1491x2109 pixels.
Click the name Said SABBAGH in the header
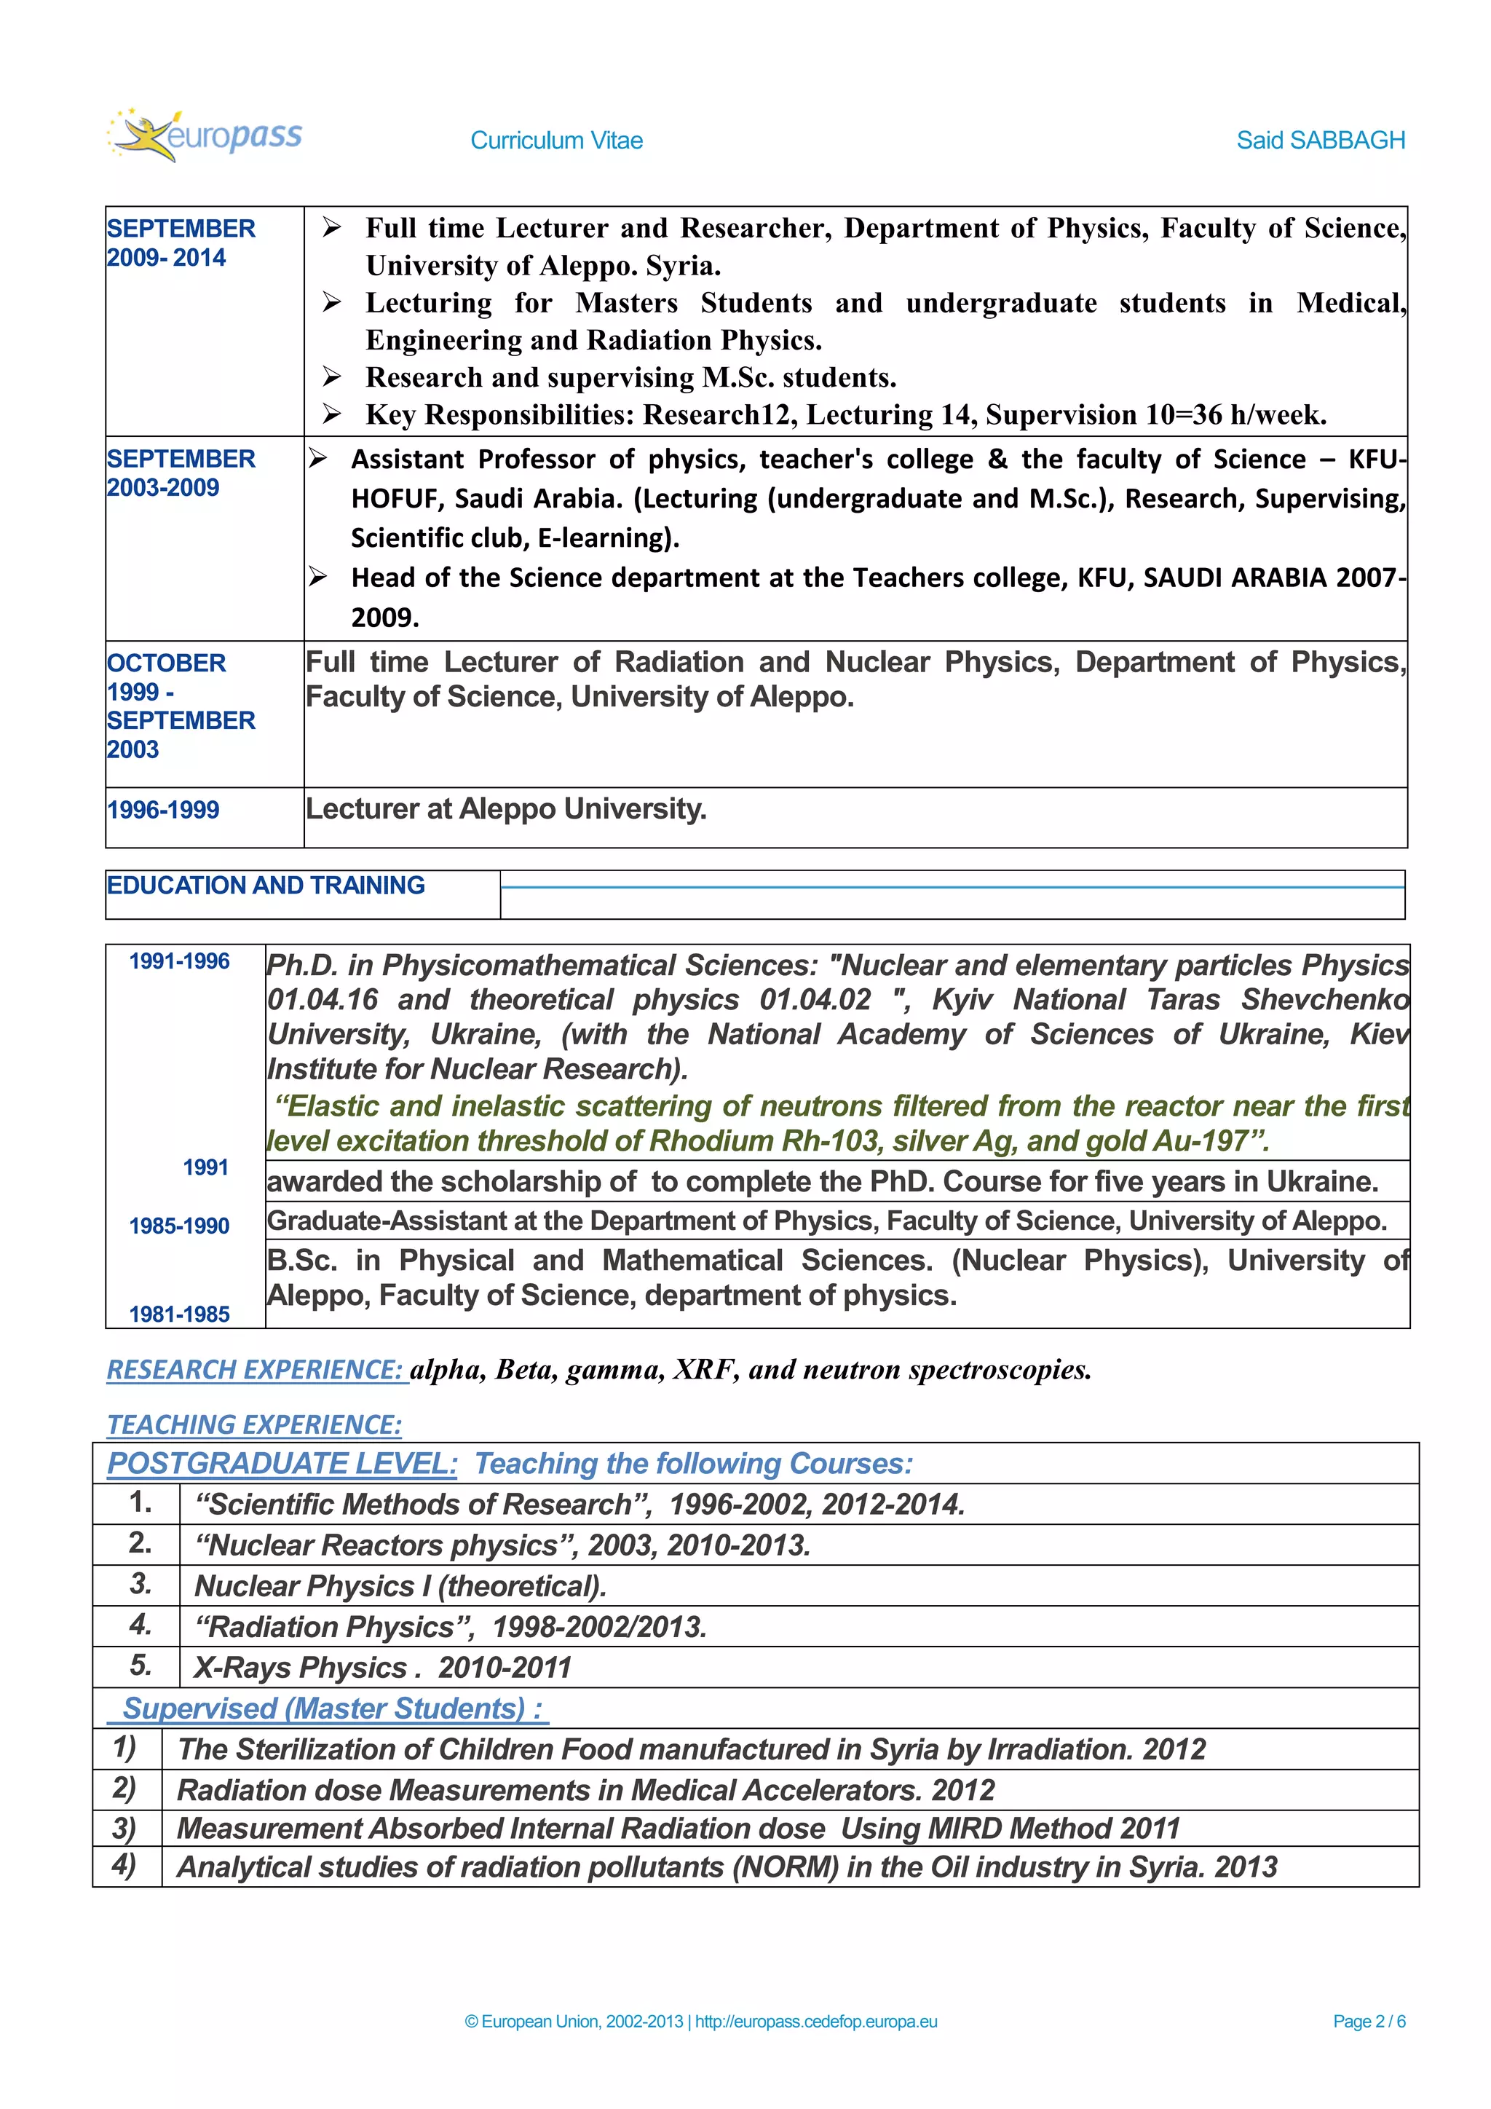click(x=1319, y=141)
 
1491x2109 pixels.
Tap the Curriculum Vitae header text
click(x=556, y=141)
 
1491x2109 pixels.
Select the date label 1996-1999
click(x=163, y=810)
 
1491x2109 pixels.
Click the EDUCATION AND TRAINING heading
click(x=265, y=886)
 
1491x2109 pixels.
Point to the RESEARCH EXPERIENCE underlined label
click(x=256, y=1370)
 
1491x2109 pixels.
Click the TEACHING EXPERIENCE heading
click(x=254, y=1424)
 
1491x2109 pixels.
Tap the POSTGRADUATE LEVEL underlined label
click(x=282, y=1463)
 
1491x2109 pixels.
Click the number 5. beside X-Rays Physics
click(x=141, y=1665)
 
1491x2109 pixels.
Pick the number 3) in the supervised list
click(x=124, y=1828)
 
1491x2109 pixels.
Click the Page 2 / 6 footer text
click(x=1368, y=2021)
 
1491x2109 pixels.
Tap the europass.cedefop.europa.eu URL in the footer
click(x=816, y=2021)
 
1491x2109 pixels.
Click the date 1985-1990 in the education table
click(x=179, y=1226)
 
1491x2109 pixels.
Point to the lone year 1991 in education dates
click(x=205, y=1167)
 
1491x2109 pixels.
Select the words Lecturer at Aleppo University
click(x=506, y=809)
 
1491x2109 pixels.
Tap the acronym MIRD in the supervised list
click(x=965, y=1828)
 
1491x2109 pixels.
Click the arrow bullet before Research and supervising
click(x=331, y=377)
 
